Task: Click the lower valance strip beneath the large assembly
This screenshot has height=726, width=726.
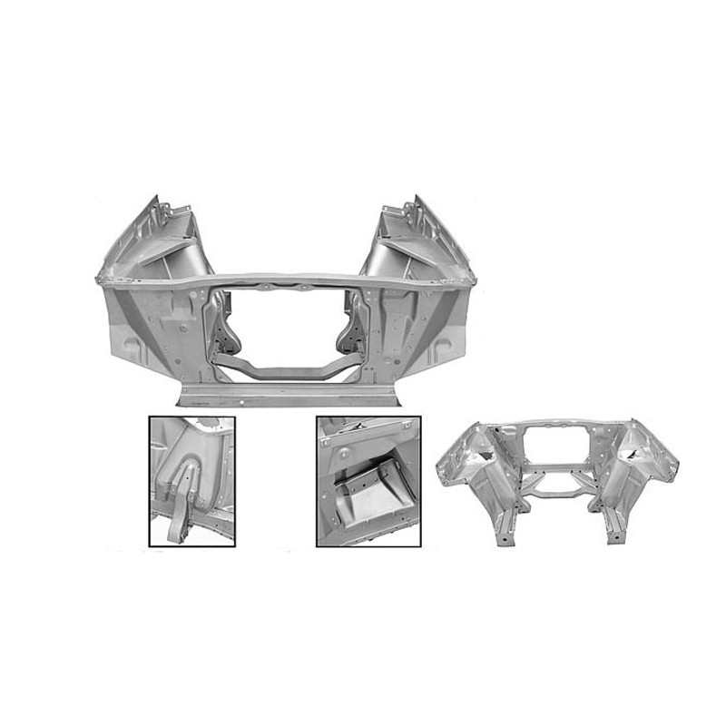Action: pos(290,396)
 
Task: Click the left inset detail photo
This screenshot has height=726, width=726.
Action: pos(191,481)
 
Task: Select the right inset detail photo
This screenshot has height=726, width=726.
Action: pos(368,481)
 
